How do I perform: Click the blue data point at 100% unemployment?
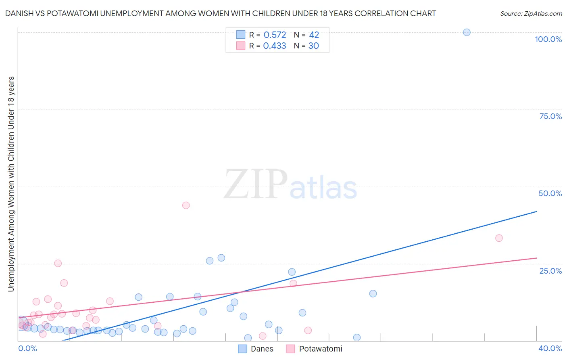[x=467, y=32]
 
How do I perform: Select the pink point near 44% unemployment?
[x=186, y=205]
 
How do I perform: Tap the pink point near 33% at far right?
[x=499, y=238]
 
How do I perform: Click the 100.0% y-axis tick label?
[x=548, y=39]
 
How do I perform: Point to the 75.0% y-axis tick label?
[x=550, y=116]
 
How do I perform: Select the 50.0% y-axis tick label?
[x=550, y=193]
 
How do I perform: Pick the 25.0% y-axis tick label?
[x=550, y=270]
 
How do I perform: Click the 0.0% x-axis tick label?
[x=27, y=348]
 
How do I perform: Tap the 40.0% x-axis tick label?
[x=550, y=348]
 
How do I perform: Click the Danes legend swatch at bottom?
[x=242, y=349]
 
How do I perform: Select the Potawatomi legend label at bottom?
[x=321, y=349]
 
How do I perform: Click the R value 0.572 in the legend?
[x=275, y=35]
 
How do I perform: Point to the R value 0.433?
[x=275, y=46]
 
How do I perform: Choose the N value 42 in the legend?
[x=314, y=35]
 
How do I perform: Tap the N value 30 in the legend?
[x=314, y=46]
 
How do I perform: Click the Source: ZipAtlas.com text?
[x=531, y=14]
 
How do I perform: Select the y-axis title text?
[x=11, y=184]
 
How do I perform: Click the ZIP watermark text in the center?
[x=256, y=184]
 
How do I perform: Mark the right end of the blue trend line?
[x=536, y=211]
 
